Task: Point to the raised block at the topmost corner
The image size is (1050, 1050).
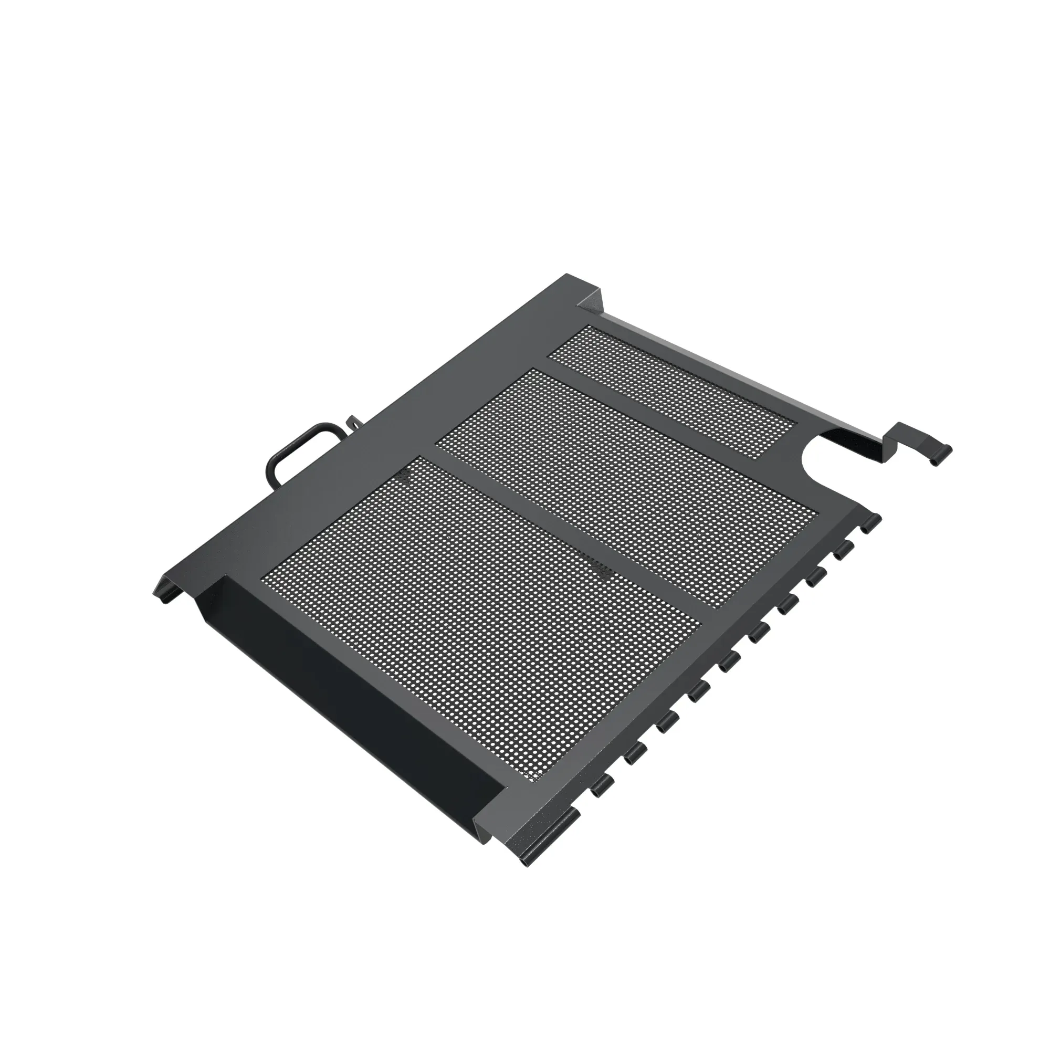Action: pos(591,298)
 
